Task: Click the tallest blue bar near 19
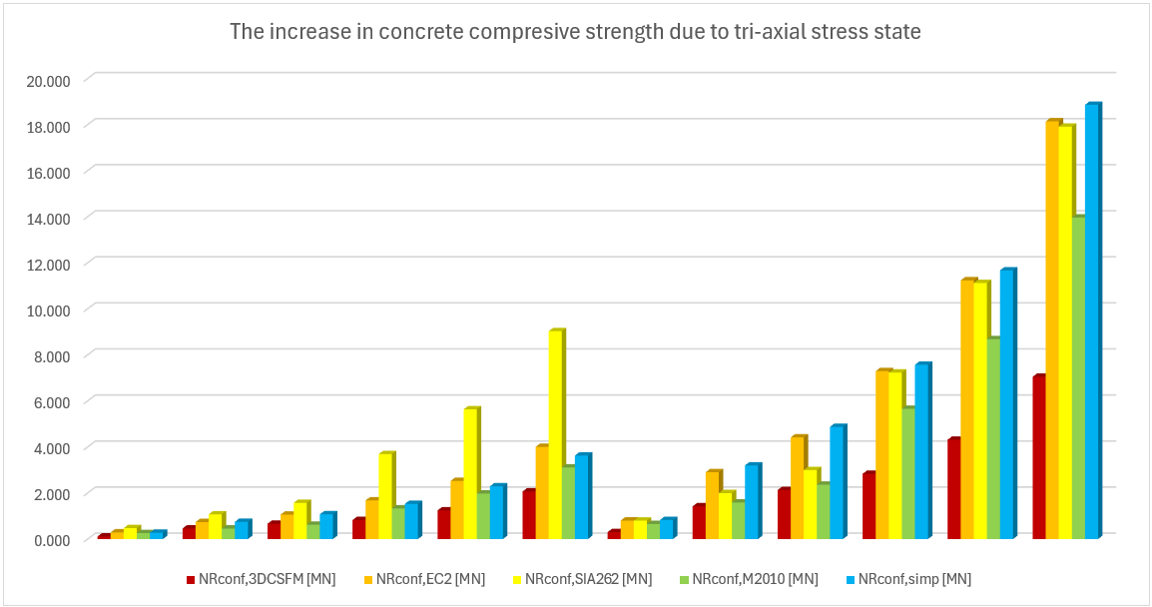[1092, 319]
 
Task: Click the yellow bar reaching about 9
[556, 434]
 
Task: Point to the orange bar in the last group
[1051, 329]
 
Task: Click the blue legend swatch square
[851, 579]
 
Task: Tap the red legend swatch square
[190, 579]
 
